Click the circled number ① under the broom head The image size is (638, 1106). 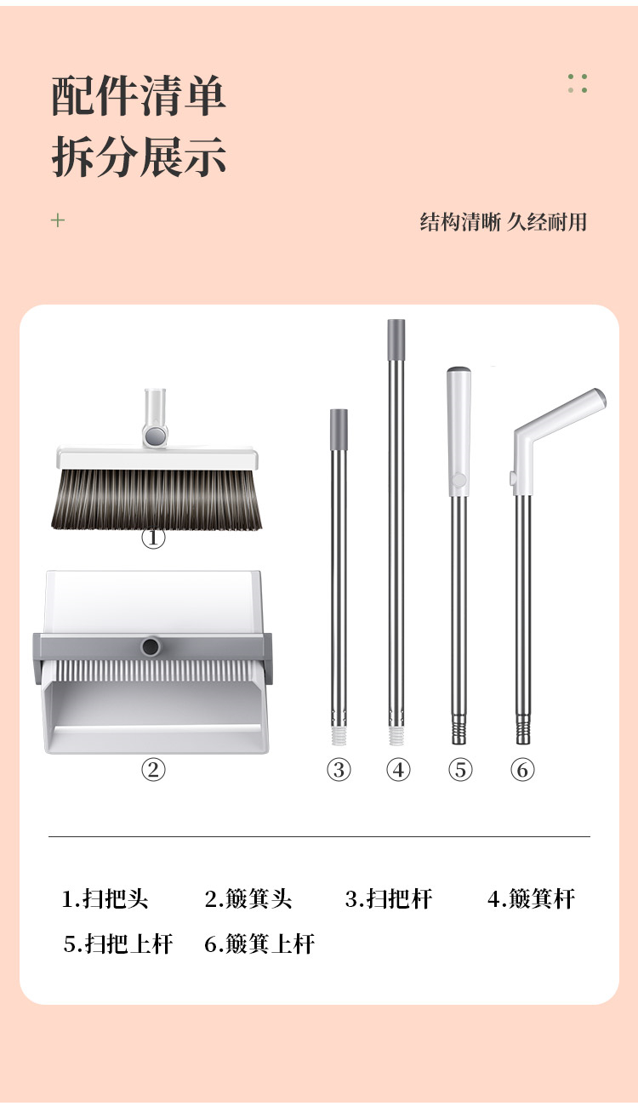[153, 538]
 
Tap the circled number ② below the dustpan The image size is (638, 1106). [153, 769]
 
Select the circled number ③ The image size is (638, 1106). [339, 769]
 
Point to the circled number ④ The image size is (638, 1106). [398, 769]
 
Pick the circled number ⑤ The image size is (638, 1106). [460, 769]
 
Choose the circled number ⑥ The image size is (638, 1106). [522, 769]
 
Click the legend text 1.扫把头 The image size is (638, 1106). [105, 898]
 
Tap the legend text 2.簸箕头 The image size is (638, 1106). [248, 898]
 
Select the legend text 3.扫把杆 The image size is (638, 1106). [389, 898]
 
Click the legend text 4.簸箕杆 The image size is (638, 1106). [531, 898]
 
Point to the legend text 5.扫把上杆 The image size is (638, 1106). [118, 944]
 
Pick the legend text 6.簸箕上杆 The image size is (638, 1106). [259, 944]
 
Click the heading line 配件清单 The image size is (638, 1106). [139, 95]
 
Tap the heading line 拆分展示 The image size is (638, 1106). [139, 157]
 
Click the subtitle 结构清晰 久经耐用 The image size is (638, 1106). [504, 222]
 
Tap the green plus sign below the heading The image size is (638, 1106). [58, 219]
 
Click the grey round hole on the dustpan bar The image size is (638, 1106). [151, 647]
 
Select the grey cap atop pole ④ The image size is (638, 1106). [396, 339]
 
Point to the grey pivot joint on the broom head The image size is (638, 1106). [155, 436]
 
